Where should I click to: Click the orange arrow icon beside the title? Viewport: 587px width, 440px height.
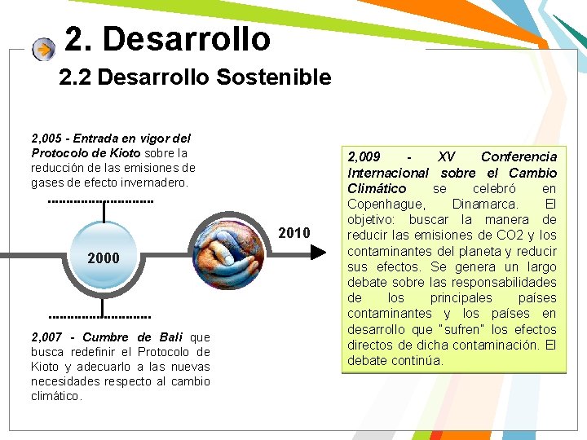point(43,50)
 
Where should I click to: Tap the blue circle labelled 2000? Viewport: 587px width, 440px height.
point(104,258)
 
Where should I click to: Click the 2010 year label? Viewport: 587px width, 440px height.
point(294,234)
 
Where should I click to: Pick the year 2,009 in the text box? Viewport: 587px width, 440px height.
point(364,156)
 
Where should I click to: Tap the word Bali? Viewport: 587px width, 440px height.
point(171,337)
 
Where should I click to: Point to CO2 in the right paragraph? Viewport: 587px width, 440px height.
point(496,235)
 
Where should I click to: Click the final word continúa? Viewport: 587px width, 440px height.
point(417,360)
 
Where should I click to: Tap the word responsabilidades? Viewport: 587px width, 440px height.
point(504,282)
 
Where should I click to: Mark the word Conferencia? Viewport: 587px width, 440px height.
point(519,156)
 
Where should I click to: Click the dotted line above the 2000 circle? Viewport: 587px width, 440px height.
point(101,200)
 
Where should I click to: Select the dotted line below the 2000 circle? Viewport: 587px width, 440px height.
point(100,316)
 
